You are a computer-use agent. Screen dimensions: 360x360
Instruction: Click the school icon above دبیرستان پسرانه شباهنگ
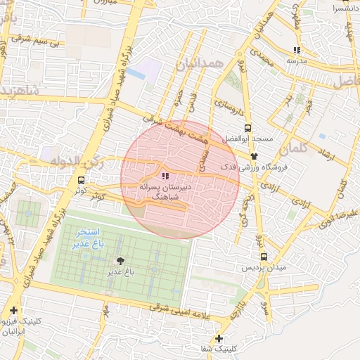click(165, 176)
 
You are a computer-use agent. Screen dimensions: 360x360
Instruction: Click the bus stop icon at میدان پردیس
click(264, 257)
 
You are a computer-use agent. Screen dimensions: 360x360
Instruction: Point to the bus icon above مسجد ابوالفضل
click(247, 129)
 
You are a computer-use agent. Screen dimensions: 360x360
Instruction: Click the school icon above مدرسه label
click(297, 50)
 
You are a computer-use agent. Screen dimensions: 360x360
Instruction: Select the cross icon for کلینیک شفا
click(219, 338)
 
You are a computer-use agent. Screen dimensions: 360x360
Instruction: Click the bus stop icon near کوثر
click(82, 180)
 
